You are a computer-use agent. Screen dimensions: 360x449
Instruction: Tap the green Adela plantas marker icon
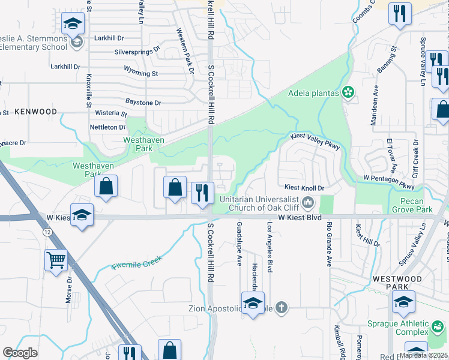pos(347,92)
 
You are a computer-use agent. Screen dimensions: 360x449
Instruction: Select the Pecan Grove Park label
pos(412,206)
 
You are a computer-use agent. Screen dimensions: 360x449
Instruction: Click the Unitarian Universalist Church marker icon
pos(308,202)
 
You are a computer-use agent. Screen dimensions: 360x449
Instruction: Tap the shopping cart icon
pos(56,260)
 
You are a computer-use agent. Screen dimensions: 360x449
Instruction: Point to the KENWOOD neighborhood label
pos(35,112)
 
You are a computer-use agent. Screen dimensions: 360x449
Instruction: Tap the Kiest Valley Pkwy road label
pos(316,142)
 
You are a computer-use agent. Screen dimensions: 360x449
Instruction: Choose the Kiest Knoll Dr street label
pos(304,188)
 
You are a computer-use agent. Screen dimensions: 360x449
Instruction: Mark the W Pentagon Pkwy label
pos(389,179)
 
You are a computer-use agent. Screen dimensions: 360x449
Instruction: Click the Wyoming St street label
pos(141,73)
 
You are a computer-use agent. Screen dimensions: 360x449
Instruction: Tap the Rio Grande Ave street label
pos(329,244)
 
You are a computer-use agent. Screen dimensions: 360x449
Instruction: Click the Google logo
pos(20,353)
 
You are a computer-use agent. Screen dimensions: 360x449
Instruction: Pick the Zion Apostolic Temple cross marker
pos(280,308)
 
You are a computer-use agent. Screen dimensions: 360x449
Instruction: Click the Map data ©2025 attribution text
pos(423,355)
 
